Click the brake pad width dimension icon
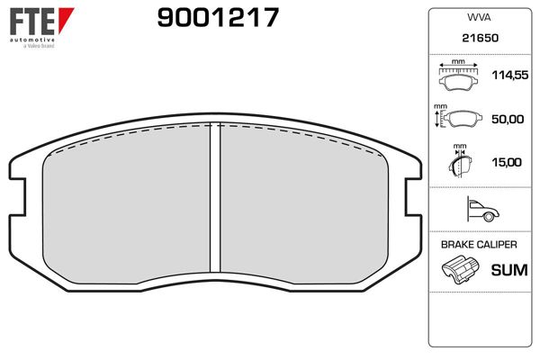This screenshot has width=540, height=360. click(x=459, y=76)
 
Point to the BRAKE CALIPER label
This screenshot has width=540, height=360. click(x=479, y=245)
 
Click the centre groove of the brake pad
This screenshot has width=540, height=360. click(x=216, y=198)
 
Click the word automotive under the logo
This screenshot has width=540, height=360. click(x=32, y=40)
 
